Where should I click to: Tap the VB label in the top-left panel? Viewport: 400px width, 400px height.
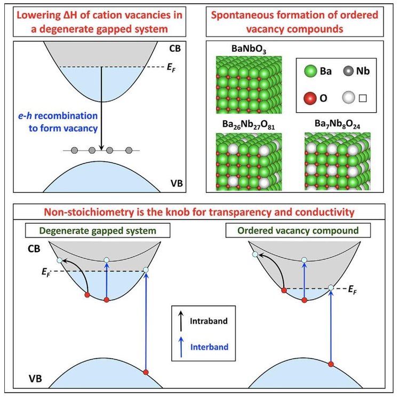coord(177,183)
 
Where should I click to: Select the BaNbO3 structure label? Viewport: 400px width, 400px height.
coord(235,50)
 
